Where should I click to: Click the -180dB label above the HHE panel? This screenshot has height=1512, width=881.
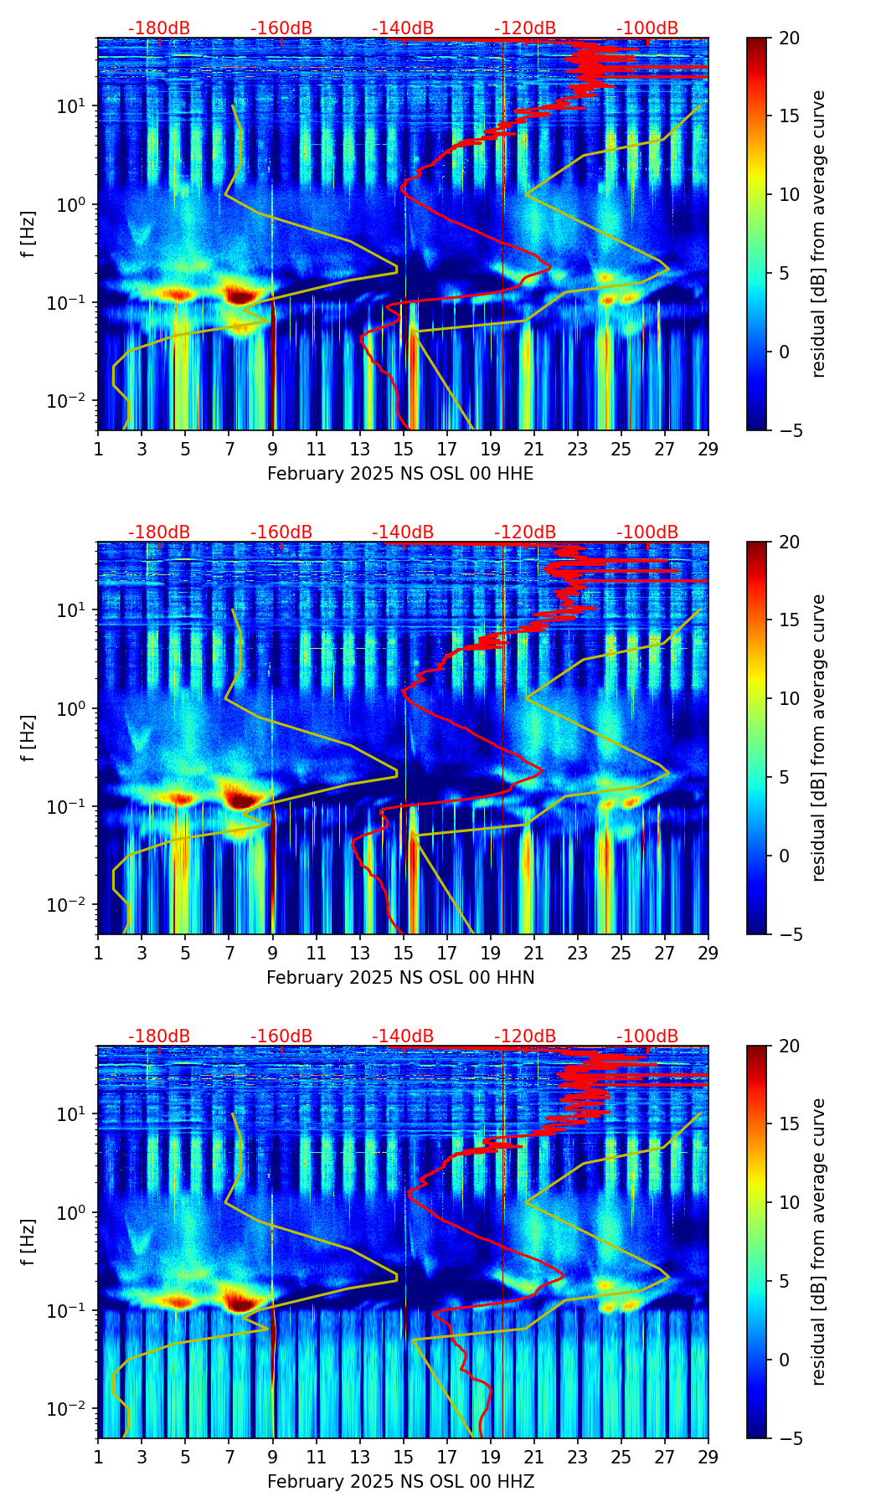click(x=159, y=28)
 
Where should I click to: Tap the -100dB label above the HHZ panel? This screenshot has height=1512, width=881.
click(x=647, y=1036)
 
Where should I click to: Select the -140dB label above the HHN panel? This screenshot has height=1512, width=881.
click(x=403, y=532)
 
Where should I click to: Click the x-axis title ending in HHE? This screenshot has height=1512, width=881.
click(x=400, y=474)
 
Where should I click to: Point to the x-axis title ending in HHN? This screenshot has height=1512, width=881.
click(x=400, y=978)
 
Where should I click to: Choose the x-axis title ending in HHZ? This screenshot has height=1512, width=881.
click(x=400, y=1482)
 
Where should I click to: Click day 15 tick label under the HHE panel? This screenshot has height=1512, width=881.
click(x=404, y=449)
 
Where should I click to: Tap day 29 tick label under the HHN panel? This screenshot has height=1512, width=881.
click(x=708, y=953)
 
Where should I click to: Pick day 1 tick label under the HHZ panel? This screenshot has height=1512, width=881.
click(x=99, y=1457)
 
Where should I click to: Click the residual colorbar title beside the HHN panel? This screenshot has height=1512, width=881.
click(x=819, y=738)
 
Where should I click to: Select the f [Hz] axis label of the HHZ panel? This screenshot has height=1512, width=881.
click(x=28, y=1242)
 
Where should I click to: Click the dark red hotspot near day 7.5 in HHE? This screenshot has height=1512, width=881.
click(x=240, y=295)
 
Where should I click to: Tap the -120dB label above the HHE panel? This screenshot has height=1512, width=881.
click(x=525, y=28)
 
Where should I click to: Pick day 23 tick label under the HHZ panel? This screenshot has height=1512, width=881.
click(x=578, y=1457)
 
